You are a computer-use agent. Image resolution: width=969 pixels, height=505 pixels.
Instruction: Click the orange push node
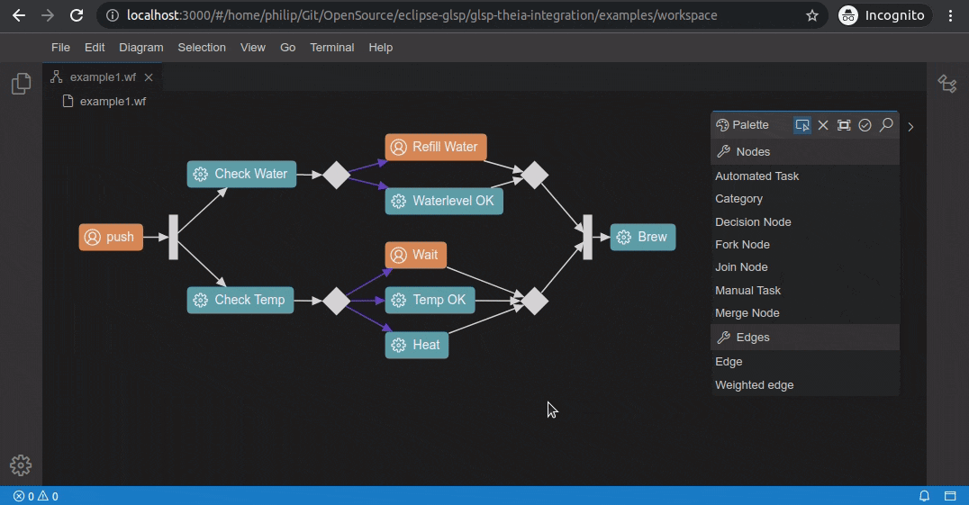(111, 237)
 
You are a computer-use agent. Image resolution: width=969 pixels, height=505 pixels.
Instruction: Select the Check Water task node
(241, 174)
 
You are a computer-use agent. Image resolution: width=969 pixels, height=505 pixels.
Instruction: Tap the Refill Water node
(436, 148)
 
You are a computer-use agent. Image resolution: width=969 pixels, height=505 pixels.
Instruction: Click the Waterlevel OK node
(444, 201)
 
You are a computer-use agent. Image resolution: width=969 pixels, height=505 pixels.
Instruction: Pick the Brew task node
(643, 237)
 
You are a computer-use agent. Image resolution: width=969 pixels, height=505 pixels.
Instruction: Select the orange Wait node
(416, 255)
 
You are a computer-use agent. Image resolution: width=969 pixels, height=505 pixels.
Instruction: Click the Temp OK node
(430, 300)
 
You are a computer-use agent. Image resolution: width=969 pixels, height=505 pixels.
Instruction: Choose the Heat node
(417, 345)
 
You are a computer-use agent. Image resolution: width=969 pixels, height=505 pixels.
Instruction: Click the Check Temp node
(240, 300)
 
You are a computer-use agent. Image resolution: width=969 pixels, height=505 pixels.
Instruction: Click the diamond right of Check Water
(336, 175)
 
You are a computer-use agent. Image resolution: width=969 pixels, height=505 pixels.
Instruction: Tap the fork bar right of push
(174, 238)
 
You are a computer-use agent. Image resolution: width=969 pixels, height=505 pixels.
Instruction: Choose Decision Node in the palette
(753, 221)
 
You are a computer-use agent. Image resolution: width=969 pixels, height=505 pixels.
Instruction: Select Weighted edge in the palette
(755, 385)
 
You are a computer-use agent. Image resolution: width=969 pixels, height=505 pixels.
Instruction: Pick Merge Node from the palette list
(747, 313)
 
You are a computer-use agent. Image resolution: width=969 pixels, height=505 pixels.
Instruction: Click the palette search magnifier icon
(886, 125)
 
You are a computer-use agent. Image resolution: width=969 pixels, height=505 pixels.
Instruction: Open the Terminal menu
(332, 48)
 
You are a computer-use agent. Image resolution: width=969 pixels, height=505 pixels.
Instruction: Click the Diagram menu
(141, 48)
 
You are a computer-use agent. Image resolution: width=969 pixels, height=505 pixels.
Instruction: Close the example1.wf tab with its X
(149, 77)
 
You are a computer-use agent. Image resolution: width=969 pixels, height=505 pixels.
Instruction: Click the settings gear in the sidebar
(21, 465)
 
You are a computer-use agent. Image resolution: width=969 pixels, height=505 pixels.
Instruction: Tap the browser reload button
(77, 15)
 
